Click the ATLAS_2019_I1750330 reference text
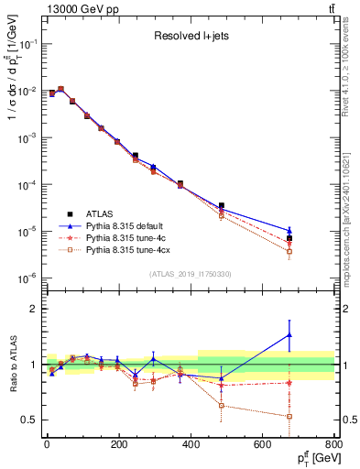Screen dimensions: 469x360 pyautogui.click(x=191, y=273)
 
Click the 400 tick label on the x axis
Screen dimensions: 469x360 pyautogui.click(x=191, y=446)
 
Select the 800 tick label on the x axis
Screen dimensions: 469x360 pyautogui.click(x=335, y=446)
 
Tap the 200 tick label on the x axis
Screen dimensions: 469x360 pyautogui.click(x=119, y=446)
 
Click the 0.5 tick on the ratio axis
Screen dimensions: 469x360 pyautogui.click(x=29, y=420)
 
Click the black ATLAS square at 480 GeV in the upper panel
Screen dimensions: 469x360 pyautogui.click(x=221, y=206)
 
